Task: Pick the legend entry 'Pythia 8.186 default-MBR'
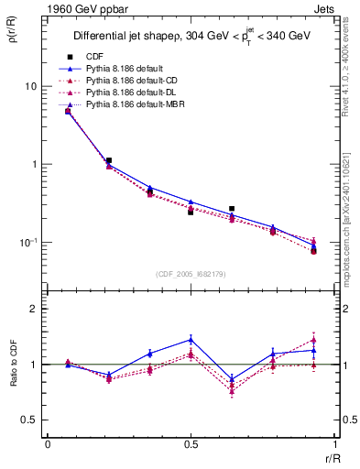click(120, 104)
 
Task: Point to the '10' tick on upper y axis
click(31, 86)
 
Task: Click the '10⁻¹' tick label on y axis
click(29, 243)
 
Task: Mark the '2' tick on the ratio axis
click(36, 310)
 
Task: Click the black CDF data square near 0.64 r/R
click(232, 209)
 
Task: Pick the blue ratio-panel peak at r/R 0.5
click(191, 339)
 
